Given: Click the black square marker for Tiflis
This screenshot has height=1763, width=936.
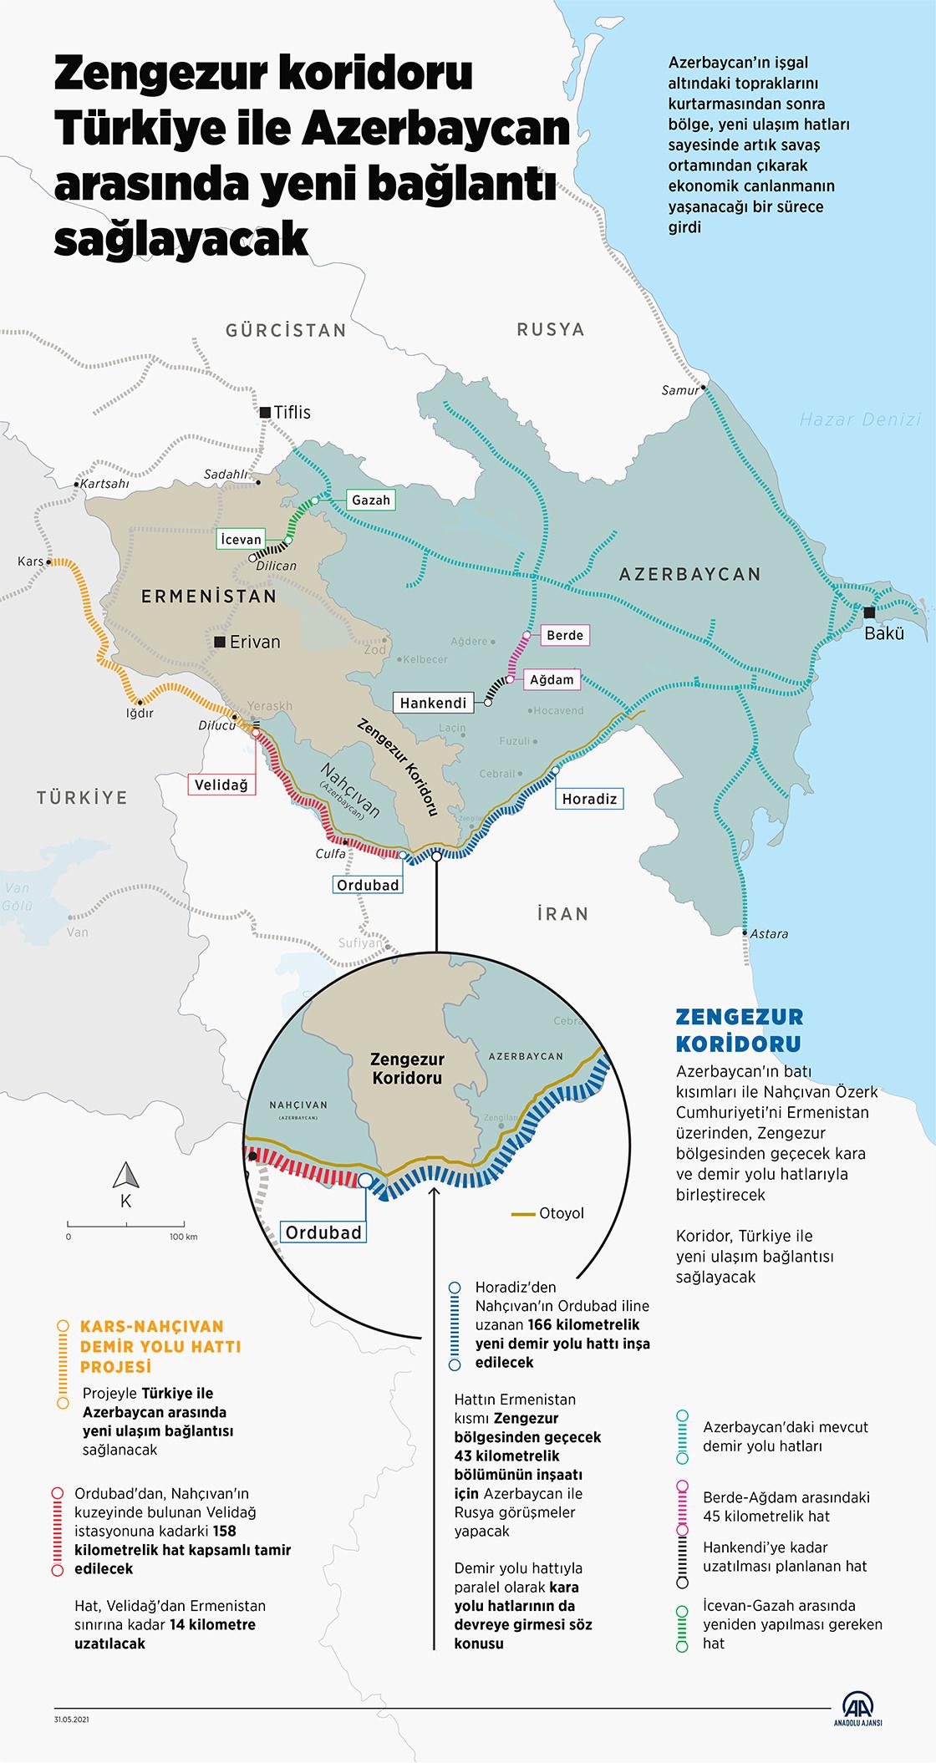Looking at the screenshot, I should [x=265, y=412].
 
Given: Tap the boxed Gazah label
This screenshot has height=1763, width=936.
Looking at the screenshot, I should [x=370, y=500].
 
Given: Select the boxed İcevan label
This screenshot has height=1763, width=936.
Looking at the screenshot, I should [x=241, y=540].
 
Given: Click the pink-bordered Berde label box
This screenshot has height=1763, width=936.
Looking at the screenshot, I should [x=564, y=635].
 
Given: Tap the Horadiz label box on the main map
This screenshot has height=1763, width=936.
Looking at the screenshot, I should [x=589, y=799].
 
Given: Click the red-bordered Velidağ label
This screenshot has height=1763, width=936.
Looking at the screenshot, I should [x=223, y=785].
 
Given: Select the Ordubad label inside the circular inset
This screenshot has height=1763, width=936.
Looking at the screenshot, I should [x=323, y=1232].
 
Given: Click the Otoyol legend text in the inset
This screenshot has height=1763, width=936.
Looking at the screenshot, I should [x=562, y=1213].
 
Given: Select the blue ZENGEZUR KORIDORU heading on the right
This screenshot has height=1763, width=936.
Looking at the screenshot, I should [x=739, y=1029].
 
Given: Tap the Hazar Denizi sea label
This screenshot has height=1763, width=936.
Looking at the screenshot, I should [x=860, y=420].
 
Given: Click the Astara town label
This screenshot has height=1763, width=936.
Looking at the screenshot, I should [x=769, y=933].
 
